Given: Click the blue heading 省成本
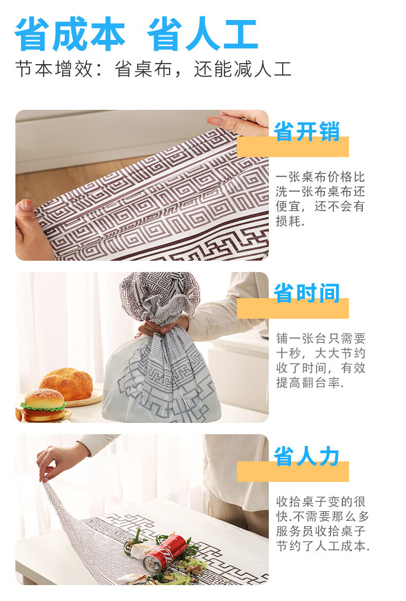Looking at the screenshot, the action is click(x=70, y=34).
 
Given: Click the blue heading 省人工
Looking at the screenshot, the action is click(x=202, y=34).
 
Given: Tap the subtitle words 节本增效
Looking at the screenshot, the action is click(x=54, y=69).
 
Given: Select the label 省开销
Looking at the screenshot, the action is click(x=307, y=131).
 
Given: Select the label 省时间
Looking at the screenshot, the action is click(x=307, y=293).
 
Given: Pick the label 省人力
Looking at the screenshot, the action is click(x=307, y=456).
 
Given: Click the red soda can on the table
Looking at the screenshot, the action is click(x=164, y=553).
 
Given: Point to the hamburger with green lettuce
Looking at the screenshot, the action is click(x=43, y=405).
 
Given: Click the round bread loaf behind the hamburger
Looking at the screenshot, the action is click(x=66, y=384).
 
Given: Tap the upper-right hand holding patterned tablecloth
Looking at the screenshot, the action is click(x=238, y=122).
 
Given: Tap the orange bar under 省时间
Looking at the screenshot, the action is click(x=293, y=308).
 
